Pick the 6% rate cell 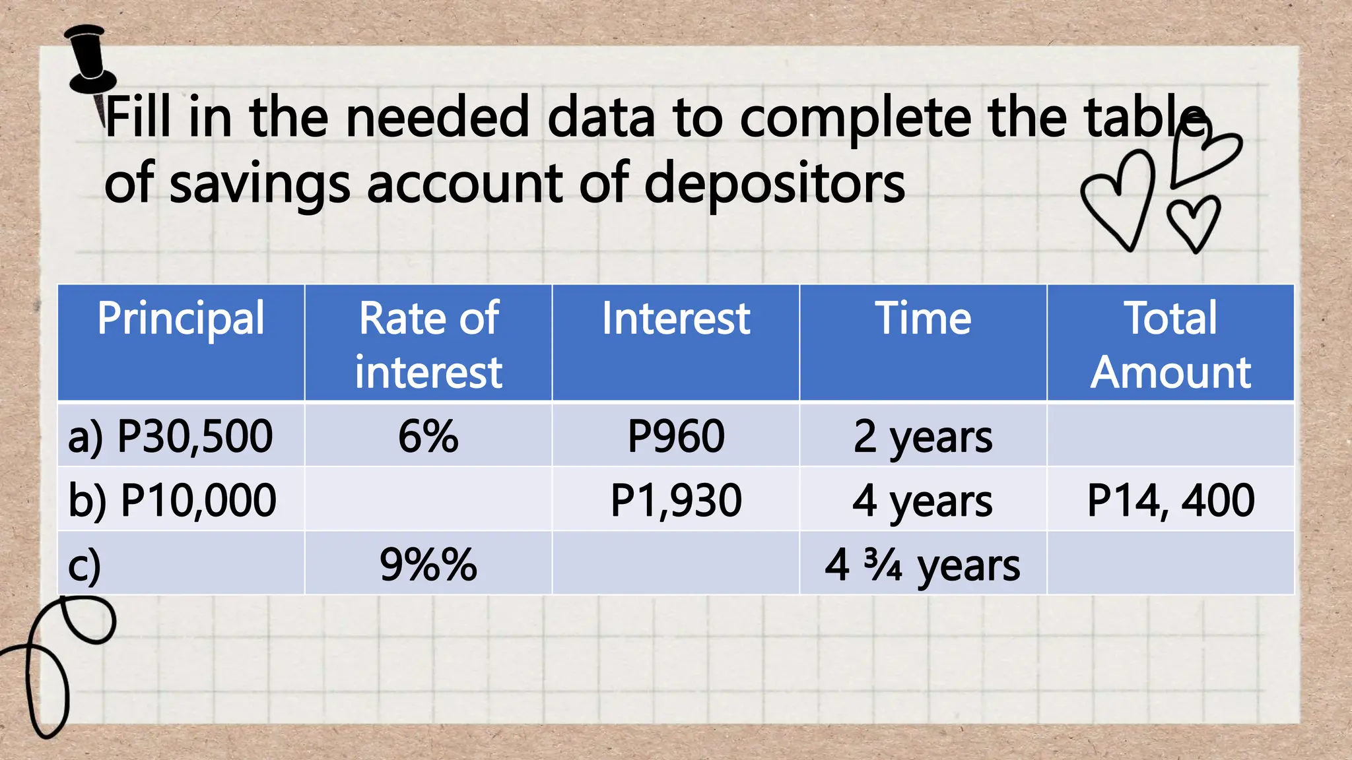coord(428,436)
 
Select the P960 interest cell coord(676,436)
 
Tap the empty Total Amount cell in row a coord(1170,436)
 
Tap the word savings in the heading coord(259,185)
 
